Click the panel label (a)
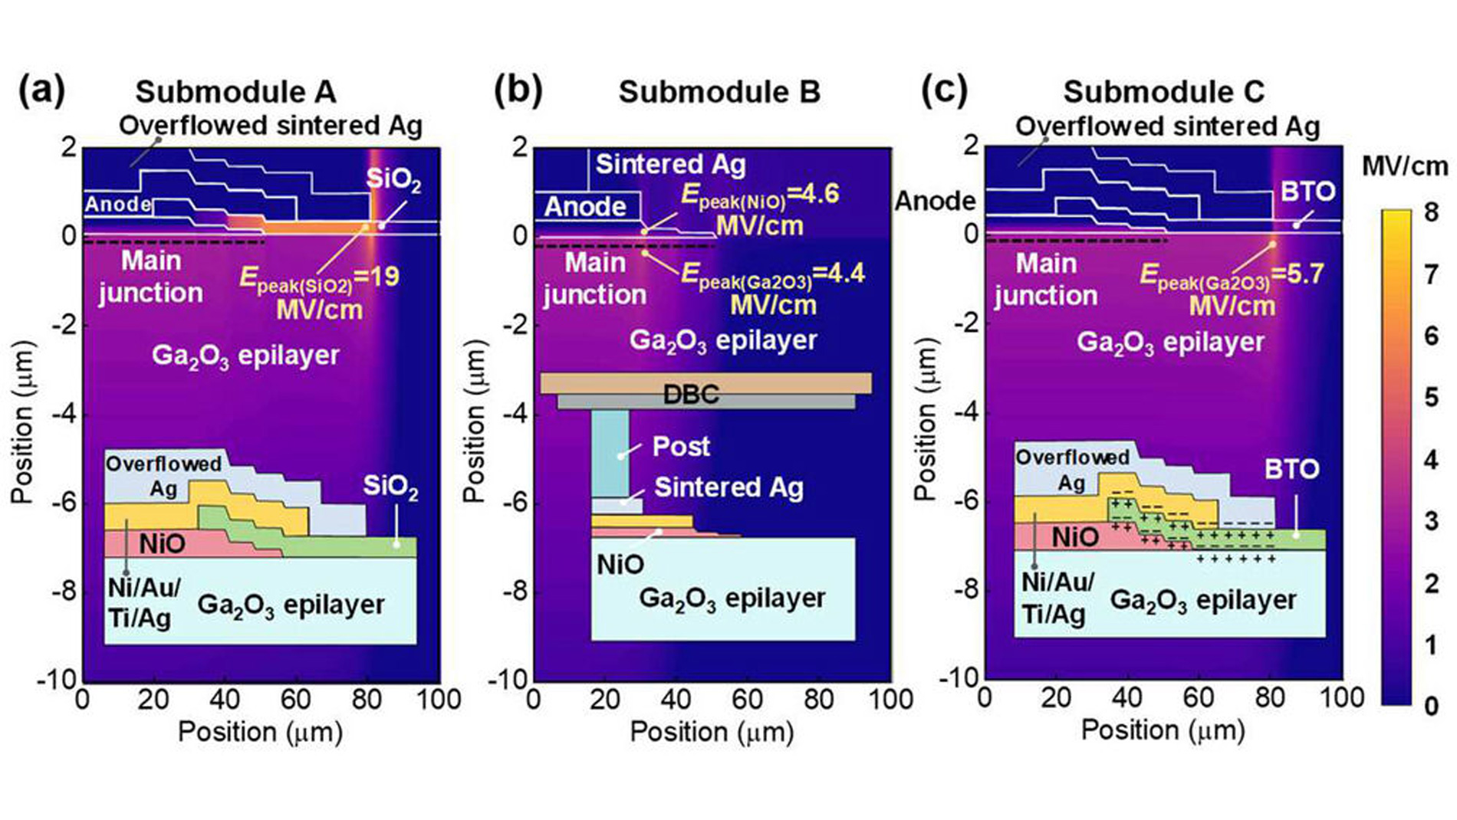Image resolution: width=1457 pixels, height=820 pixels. click(x=41, y=90)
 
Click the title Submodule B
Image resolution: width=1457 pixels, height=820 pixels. click(x=719, y=92)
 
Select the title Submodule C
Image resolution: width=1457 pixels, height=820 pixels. click(x=1163, y=92)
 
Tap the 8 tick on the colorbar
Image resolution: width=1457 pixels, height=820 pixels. click(x=1431, y=212)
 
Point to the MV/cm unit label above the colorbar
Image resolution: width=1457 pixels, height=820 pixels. click(x=1405, y=166)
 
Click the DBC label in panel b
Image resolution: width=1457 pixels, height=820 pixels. click(x=691, y=395)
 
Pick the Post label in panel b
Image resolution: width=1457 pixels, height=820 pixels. click(x=680, y=446)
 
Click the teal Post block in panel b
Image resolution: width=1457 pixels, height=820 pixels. click(x=610, y=452)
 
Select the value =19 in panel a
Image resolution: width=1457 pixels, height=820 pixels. click(x=377, y=277)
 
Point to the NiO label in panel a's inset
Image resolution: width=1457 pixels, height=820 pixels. click(x=162, y=544)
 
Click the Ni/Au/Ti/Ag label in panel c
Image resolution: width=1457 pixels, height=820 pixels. click(x=1057, y=598)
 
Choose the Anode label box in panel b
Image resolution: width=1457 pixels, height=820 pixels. click(x=585, y=206)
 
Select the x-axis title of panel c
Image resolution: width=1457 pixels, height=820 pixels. click(x=1163, y=730)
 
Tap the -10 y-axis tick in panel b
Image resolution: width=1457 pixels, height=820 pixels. click(x=509, y=680)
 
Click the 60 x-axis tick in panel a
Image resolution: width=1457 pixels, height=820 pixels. click(x=295, y=699)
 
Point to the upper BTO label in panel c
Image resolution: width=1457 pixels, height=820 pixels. click(x=1307, y=191)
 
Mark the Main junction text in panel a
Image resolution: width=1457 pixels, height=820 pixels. click(x=151, y=277)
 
